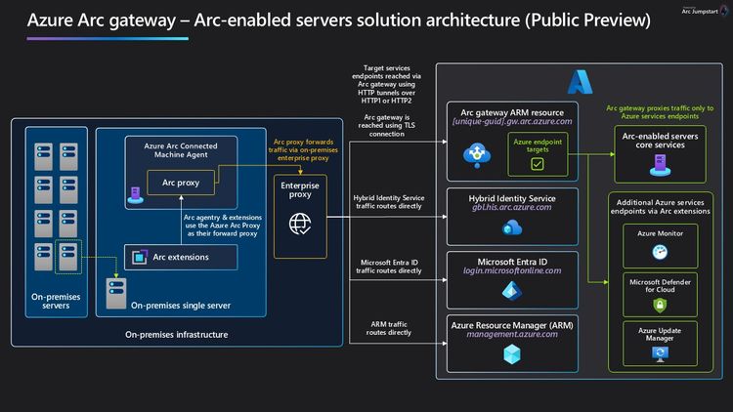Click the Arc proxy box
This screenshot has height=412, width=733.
pyautogui.click(x=181, y=182)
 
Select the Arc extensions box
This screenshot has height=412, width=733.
pyautogui.click(x=180, y=257)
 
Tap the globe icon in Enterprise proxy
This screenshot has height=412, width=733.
pyautogui.click(x=298, y=224)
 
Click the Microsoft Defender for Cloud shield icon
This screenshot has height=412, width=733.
pyautogui.click(x=661, y=306)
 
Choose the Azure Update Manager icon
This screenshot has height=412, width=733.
pyautogui.click(x=661, y=356)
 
